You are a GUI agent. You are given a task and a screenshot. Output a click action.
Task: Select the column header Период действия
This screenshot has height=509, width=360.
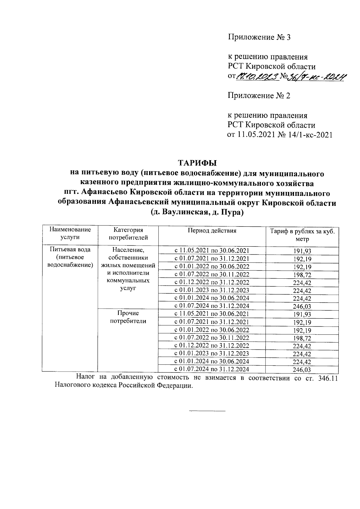[212, 231]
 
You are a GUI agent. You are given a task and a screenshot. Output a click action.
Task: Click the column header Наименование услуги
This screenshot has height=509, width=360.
[70, 233]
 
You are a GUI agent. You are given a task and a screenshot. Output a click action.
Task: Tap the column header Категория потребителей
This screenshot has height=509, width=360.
[128, 234]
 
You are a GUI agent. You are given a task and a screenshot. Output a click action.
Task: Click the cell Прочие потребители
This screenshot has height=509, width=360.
[128, 317]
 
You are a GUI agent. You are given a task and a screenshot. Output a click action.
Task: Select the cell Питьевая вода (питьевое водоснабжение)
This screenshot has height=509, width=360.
[70, 257]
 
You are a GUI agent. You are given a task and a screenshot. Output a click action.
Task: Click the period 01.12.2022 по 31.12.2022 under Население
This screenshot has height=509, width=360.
[212, 282]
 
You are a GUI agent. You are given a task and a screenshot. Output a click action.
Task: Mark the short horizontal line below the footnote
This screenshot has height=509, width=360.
[207, 410]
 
